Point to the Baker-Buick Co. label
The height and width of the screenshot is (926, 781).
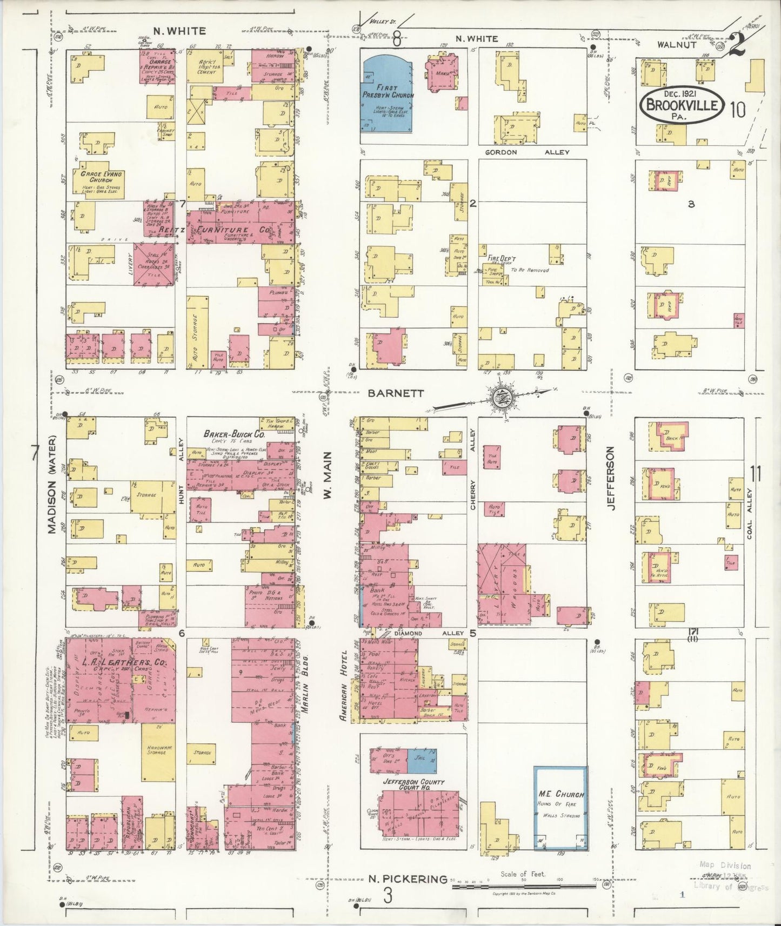point(234,434)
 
